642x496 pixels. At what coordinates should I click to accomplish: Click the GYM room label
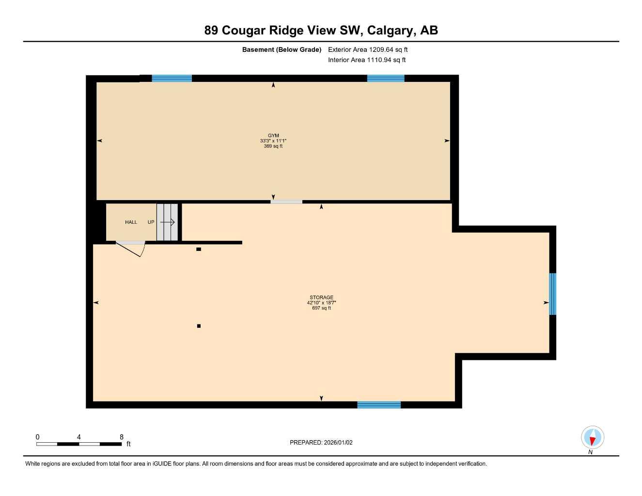[273, 136]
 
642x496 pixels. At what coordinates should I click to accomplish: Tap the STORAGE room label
[321, 297]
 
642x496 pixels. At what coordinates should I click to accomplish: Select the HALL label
[131, 222]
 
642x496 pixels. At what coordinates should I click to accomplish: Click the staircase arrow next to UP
[167, 222]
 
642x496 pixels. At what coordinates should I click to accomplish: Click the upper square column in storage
[199, 249]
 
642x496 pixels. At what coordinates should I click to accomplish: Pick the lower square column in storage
[199, 326]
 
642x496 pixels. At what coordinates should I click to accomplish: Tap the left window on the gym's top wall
[172, 78]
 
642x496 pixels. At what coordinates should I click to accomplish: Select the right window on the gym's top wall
[386, 78]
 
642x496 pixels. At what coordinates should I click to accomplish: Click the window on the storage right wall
[552, 294]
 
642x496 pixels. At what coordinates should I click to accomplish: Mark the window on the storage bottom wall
[379, 405]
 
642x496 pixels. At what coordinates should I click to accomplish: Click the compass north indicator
[593, 438]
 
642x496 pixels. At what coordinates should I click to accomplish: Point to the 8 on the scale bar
[122, 437]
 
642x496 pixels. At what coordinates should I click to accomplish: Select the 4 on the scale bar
[79, 437]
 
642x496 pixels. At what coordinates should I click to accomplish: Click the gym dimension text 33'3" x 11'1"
[273, 141]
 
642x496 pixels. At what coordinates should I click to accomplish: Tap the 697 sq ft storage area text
[321, 308]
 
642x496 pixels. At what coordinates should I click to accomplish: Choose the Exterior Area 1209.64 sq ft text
[368, 49]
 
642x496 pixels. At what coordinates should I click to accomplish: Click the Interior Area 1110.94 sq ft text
[367, 60]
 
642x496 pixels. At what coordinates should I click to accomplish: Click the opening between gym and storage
[286, 201]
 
